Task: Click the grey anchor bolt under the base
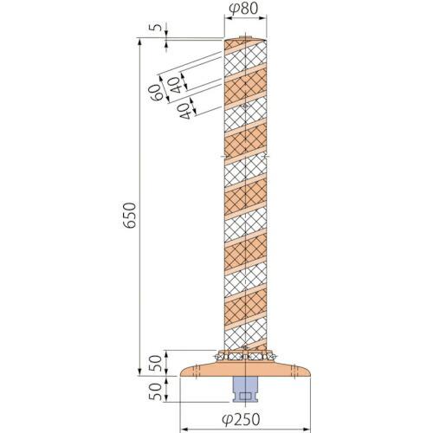[x=247, y=391]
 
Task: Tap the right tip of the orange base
[x=313, y=373]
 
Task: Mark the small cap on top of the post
[x=247, y=36]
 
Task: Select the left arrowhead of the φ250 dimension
[x=183, y=404]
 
